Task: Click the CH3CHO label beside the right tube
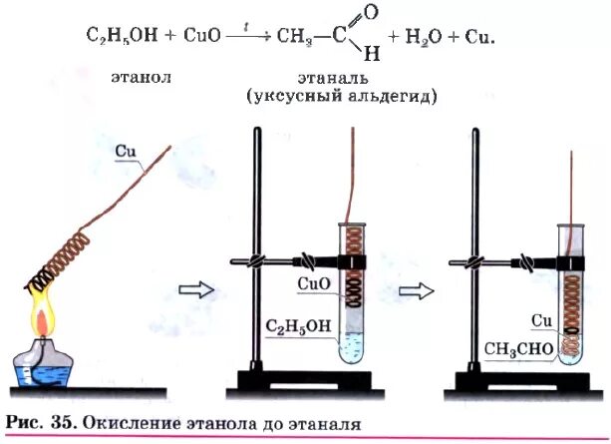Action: coord(516,348)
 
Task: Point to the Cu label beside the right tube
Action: coord(540,320)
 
